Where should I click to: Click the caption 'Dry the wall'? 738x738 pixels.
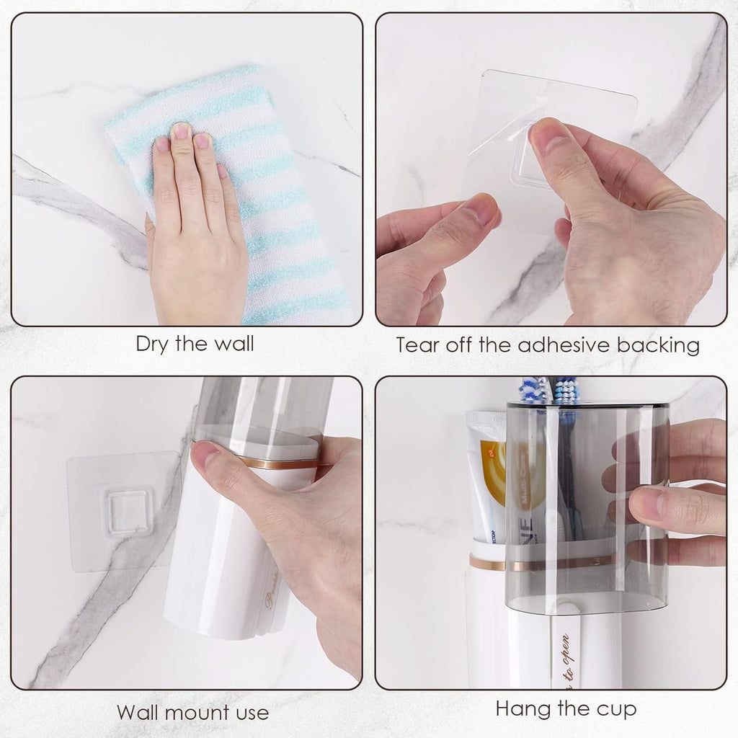[195, 344]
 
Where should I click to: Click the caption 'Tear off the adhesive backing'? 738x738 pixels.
[548, 345]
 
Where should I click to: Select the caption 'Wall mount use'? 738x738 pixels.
[192, 713]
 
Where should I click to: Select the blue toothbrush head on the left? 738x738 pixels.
[532, 389]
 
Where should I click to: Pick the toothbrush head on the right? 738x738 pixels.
[567, 390]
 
